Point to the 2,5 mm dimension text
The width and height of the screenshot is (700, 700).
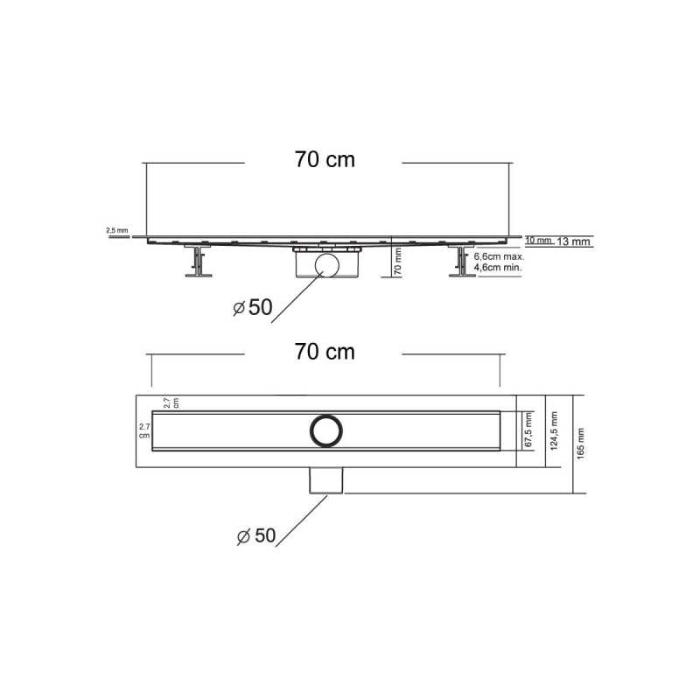(116, 231)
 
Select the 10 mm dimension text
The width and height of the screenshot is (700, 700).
(538, 240)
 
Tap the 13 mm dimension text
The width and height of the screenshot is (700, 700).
(575, 241)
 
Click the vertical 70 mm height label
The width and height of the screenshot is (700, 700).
(397, 262)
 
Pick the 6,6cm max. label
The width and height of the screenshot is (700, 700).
(499, 257)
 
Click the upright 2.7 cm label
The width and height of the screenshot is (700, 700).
(144, 430)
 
